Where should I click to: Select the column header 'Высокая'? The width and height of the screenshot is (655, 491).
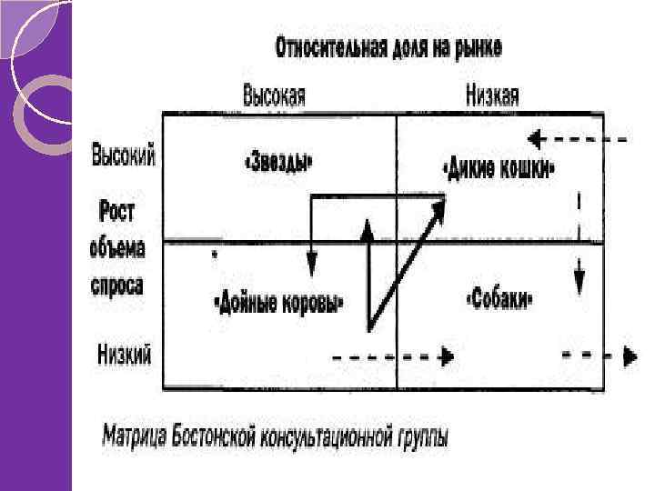pyautogui.click(x=274, y=95)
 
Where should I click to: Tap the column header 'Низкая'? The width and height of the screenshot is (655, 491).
pyautogui.click(x=491, y=95)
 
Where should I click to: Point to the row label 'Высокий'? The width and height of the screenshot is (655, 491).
pyautogui.click(x=124, y=156)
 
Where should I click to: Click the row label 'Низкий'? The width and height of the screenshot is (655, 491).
pyautogui.click(x=125, y=352)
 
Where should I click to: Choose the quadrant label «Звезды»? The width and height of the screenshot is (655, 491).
pyautogui.click(x=280, y=165)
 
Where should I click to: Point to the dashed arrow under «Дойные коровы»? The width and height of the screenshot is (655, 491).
pyautogui.click(x=391, y=356)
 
